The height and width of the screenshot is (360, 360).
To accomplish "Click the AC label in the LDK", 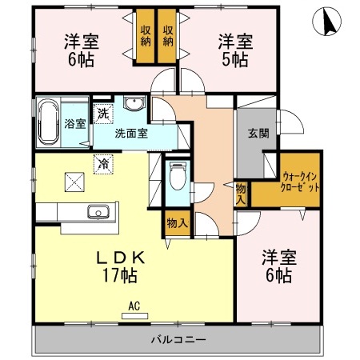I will pos(134,305).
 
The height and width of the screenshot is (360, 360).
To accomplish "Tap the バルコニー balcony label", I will pos(178,340).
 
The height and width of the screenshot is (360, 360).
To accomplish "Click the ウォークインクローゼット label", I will pos(301,181).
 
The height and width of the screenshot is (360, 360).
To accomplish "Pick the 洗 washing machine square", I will pos(102,114).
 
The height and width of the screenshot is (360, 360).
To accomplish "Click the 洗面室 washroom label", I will pos(130,134).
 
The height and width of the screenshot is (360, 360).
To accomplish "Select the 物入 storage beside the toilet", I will pos(177,222).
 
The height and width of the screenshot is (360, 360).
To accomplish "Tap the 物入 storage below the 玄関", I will pos(241,193).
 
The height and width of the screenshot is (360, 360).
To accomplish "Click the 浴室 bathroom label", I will pos(74,124).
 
